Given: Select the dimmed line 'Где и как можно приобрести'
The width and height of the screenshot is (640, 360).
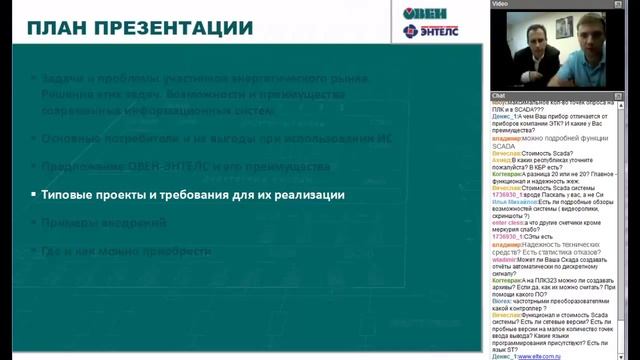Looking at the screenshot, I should [130, 252].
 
